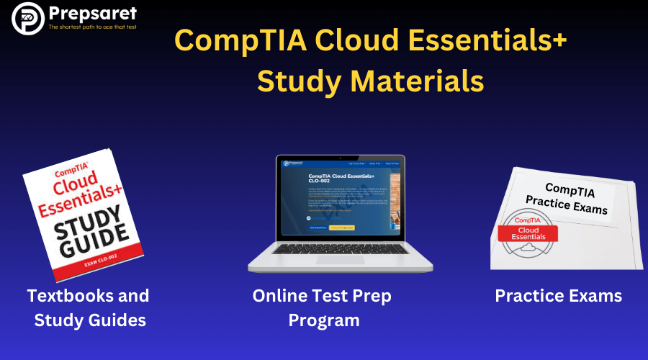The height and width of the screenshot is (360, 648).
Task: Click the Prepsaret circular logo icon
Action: coord(27,19)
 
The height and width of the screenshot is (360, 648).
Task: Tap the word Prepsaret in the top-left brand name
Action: coord(91,13)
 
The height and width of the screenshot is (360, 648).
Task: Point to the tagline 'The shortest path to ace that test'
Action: coord(91,27)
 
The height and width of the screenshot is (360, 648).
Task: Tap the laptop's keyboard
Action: coord(340,249)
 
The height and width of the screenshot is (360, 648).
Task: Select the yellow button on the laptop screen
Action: coord(342,228)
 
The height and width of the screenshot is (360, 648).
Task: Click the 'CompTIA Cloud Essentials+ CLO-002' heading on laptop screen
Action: coord(341,179)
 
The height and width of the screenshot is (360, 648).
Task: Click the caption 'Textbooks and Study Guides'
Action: coord(89,307)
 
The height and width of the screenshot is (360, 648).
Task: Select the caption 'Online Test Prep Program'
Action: coord(323,307)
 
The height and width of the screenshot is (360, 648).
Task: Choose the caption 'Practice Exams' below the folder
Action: coord(558,296)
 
